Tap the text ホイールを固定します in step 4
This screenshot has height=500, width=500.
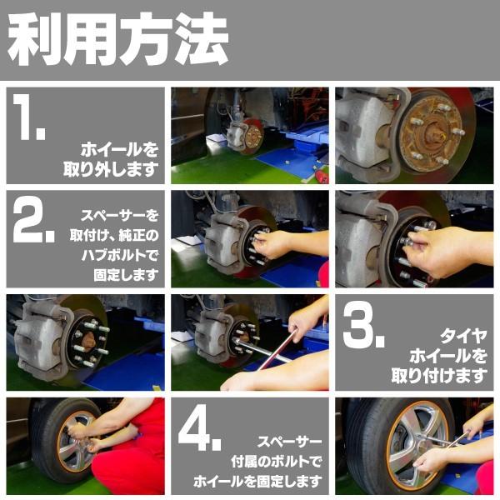(x=257, y=481)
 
